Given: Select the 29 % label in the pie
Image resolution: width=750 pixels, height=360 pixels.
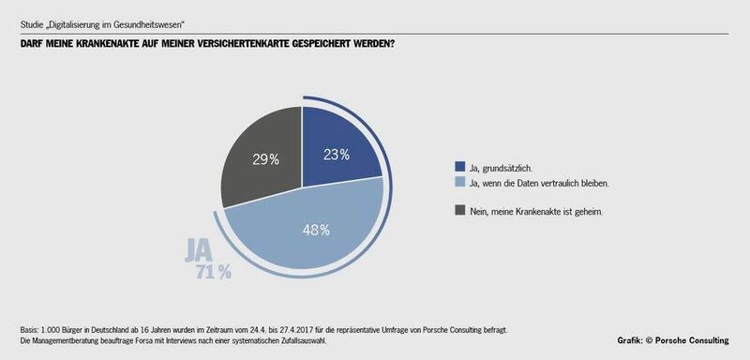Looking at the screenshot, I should [264, 158].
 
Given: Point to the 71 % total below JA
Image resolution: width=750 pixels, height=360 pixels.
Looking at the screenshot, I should [213, 273].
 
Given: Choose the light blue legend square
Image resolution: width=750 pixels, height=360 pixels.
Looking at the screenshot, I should [458, 184].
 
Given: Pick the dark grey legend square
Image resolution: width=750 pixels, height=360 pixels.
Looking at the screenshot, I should [458, 212].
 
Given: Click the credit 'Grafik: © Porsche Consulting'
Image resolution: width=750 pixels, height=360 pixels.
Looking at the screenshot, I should [679, 338].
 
